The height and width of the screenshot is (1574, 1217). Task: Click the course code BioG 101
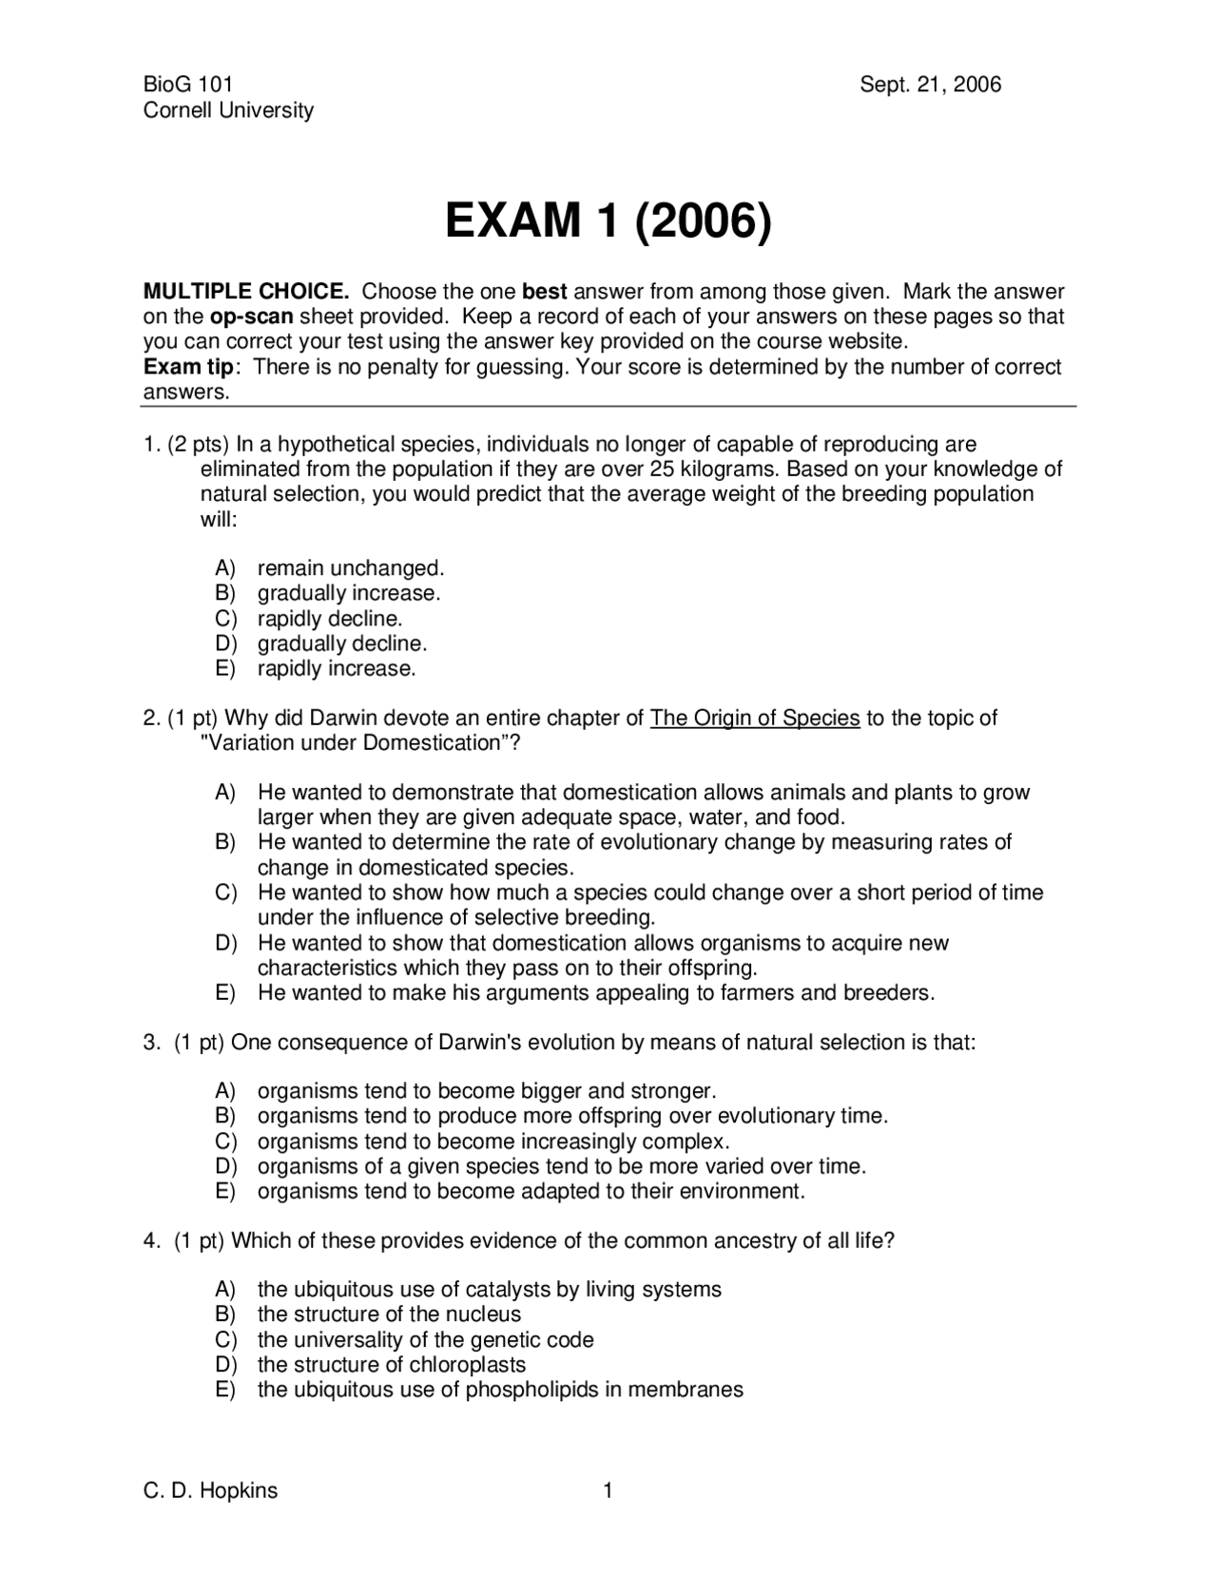point(187,85)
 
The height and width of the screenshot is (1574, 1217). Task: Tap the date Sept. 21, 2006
point(930,85)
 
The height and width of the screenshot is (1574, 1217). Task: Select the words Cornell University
point(228,110)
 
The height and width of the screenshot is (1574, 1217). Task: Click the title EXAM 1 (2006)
point(608,221)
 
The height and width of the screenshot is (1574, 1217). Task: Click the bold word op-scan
point(251,317)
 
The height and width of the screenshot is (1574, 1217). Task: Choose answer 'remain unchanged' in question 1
point(350,568)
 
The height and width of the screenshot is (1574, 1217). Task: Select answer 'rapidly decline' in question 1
point(330,619)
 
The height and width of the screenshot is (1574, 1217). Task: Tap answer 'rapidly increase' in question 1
point(337,668)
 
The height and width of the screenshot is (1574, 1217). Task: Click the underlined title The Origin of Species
point(754,719)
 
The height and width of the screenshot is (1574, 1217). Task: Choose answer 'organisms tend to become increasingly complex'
point(493,1142)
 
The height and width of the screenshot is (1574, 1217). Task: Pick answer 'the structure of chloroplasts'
point(391,1365)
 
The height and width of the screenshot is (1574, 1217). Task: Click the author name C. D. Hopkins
point(210,1490)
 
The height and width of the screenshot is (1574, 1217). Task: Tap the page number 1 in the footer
point(608,1490)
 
